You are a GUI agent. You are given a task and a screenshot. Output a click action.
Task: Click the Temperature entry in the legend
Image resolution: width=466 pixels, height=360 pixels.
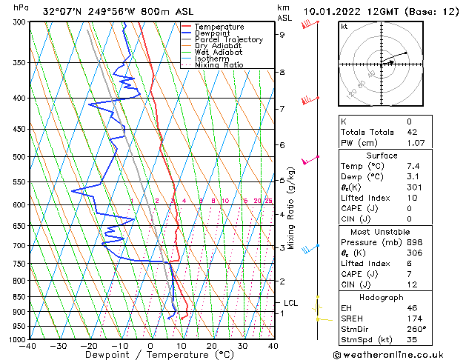(x=218, y=27)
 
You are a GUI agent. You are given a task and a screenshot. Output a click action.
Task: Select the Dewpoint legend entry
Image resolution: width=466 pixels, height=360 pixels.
(x=213, y=33)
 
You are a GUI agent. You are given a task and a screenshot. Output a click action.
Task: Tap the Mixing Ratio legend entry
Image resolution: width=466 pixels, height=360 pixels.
(x=219, y=65)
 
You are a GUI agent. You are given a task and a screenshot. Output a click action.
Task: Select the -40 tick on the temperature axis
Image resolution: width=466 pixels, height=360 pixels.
(x=28, y=346)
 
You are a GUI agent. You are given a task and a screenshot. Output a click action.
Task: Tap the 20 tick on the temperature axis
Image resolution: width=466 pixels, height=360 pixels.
(x=212, y=346)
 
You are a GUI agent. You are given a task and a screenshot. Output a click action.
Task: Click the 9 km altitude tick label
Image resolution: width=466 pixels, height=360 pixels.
(x=282, y=34)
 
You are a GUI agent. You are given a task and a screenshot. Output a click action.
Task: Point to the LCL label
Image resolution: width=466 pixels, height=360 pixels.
(x=291, y=303)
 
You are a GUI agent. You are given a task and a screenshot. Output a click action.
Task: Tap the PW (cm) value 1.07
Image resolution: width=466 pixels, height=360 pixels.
(x=413, y=142)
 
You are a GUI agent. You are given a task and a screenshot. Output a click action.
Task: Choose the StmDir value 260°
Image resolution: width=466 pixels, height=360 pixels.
(x=416, y=329)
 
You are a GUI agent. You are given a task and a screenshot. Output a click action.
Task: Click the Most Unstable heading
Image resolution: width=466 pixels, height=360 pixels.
(x=391, y=231)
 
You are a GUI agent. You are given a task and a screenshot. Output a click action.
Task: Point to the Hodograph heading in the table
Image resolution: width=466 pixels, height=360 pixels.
(x=391, y=297)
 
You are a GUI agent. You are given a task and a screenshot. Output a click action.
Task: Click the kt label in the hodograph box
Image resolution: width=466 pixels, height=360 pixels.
(x=344, y=27)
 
